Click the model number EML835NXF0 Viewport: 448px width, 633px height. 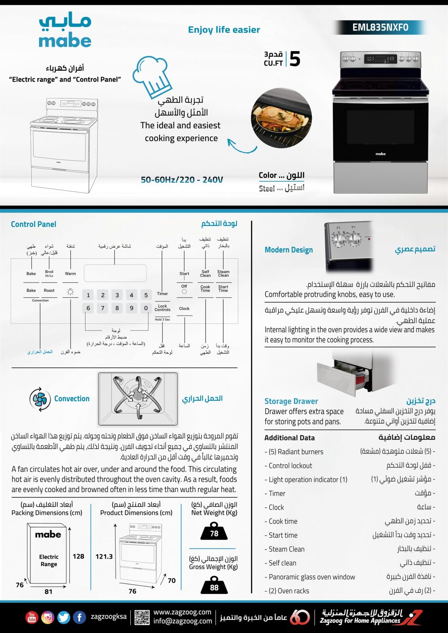(x=380, y=27)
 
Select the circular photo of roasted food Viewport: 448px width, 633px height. (x=281, y=118)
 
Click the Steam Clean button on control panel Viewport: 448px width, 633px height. (x=223, y=274)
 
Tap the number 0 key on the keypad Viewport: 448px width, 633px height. (x=146, y=308)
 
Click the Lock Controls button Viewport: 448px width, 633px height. (x=163, y=308)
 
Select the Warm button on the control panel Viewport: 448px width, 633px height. (x=70, y=274)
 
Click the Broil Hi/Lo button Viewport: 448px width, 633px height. (x=49, y=274)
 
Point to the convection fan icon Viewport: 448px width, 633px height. (x=40, y=399)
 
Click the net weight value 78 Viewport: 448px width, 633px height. (x=214, y=533)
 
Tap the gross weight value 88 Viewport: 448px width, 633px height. (x=214, y=587)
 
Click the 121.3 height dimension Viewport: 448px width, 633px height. (x=104, y=556)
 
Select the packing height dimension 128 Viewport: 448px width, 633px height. (x=78, y=556)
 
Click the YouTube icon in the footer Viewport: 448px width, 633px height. (x=32, y=617)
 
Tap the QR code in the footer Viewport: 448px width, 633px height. (x=142, y=617)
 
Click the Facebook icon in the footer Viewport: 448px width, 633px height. (x=79, y=617)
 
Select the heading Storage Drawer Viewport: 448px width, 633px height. (x=291, y=401)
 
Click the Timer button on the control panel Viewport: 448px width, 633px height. (x=163, y=294)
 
